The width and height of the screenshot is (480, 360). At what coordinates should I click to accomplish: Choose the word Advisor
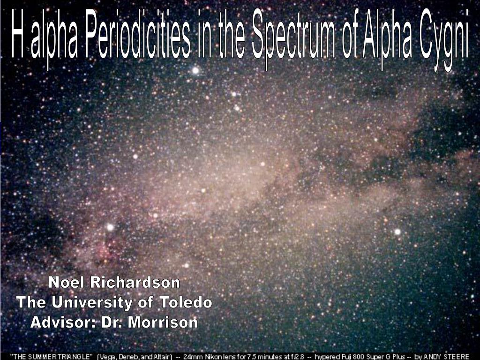63,322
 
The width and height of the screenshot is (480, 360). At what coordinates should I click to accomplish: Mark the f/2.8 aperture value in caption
295,356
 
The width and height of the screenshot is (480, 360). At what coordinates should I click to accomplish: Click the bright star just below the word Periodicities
195,70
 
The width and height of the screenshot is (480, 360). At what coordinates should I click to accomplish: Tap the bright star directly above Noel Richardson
110,227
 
